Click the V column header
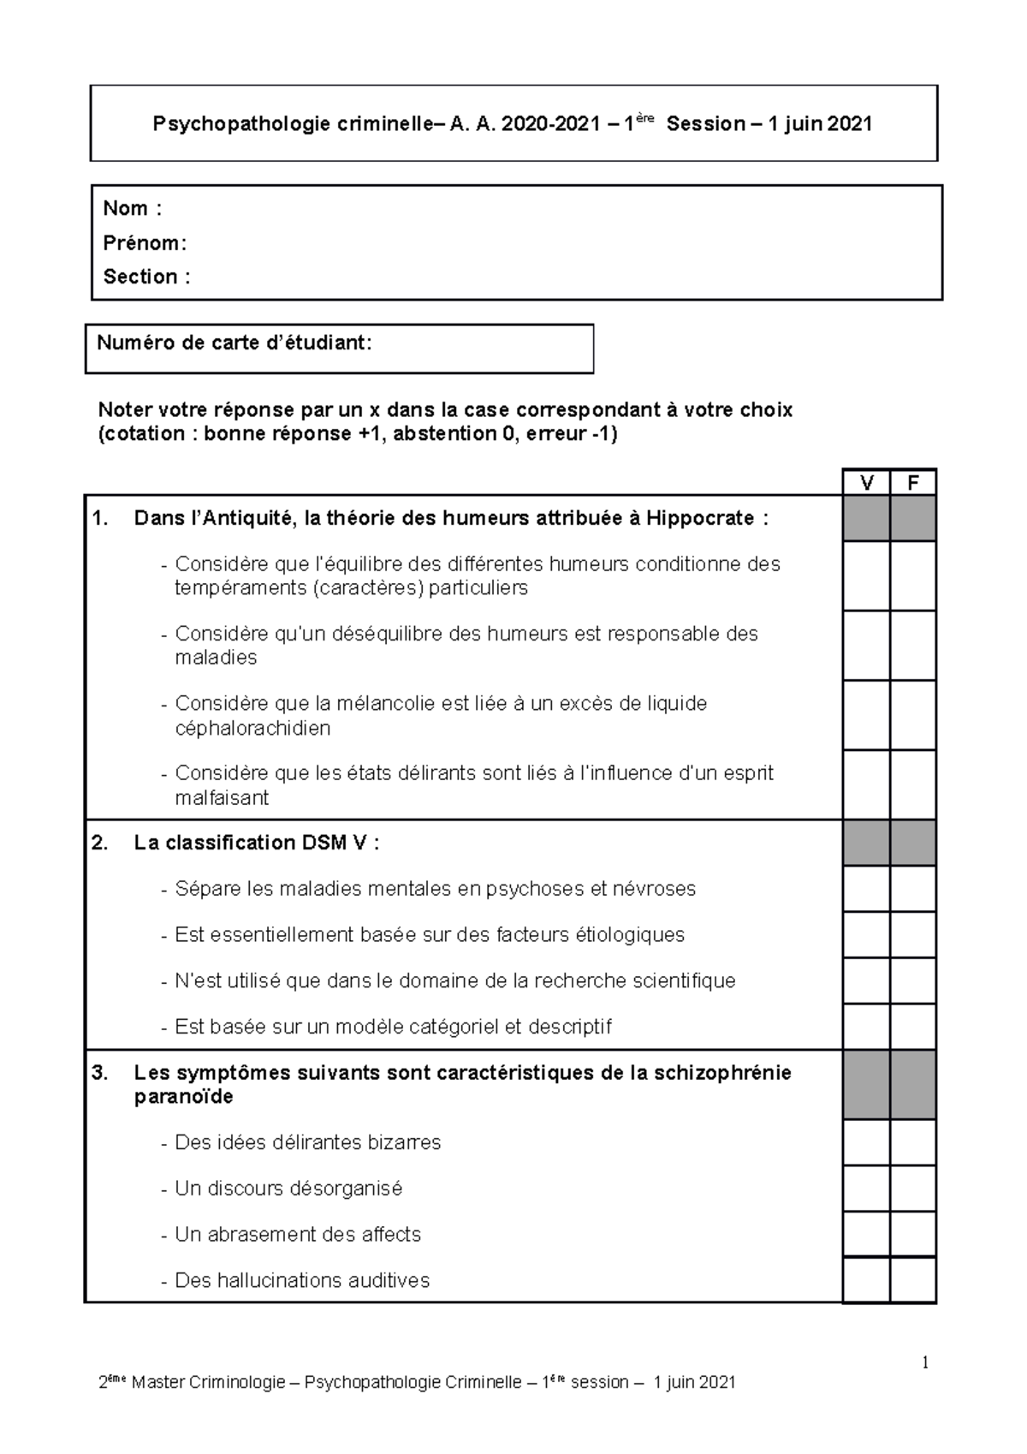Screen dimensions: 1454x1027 [x=866, y=483]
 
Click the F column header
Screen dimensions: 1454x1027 [x=913, y=483]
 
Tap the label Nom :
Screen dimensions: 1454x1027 [x=132, y=208]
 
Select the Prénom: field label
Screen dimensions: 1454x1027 [x=145, y=243]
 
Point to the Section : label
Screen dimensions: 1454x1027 [x=146, y=277]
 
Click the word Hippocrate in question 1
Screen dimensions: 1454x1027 [x=700, y=518]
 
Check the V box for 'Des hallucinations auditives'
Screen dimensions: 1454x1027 [x=866, y=1280]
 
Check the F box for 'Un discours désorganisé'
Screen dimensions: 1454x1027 [x=913, y=1188]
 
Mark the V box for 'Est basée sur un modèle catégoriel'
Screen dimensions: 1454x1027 [x=866, y=1027]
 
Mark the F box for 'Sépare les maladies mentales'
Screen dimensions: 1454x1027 [x=913, y=889]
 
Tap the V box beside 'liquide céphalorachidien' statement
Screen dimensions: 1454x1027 [x=866, y=715]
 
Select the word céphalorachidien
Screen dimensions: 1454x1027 [x=252, y=729]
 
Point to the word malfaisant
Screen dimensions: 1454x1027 [x=222, y=798]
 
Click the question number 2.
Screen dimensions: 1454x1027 [x=100, y=843]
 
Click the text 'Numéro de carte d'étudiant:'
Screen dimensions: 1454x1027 [x=234, y=343]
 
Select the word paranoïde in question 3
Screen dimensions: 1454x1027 [x=183, y=1097]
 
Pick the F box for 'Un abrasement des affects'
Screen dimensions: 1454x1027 [x=913, y=1234]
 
